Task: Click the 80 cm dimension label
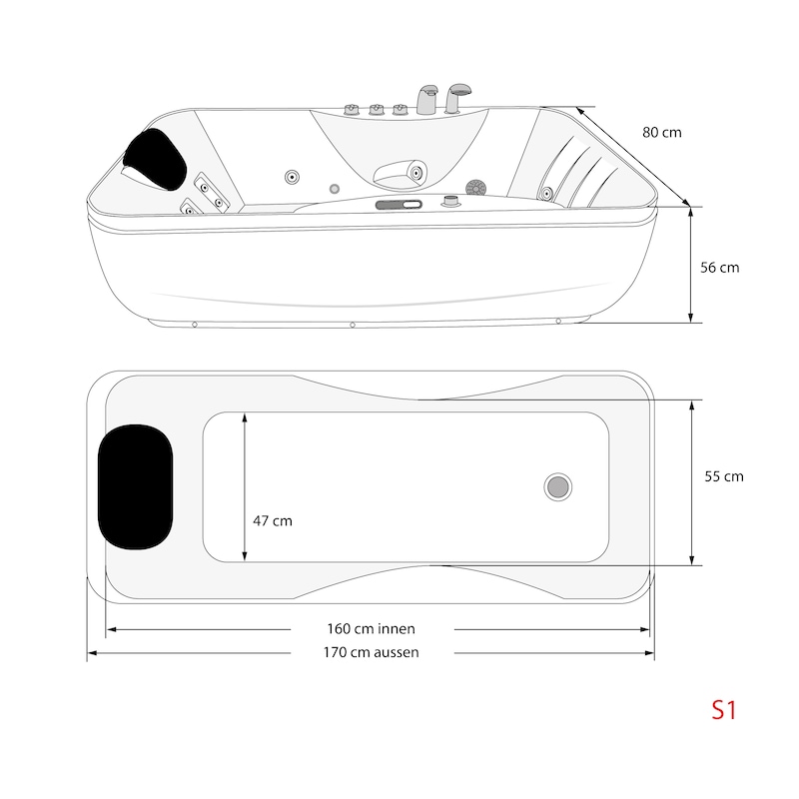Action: click(x=661, y=133)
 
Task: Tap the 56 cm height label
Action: click(x=719, y=268)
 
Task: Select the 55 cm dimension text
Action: click(x=723, y=476)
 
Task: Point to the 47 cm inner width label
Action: click(x=273, y=520)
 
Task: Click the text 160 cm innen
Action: click(x=371, y=629)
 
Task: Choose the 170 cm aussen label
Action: click(x=371, y=652)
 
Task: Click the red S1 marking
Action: click(x=723, y=710)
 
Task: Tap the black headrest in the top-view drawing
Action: click(x=135, y=487)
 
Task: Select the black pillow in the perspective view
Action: click(x=155, y=159)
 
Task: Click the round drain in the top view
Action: click(x=557, y=486)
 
